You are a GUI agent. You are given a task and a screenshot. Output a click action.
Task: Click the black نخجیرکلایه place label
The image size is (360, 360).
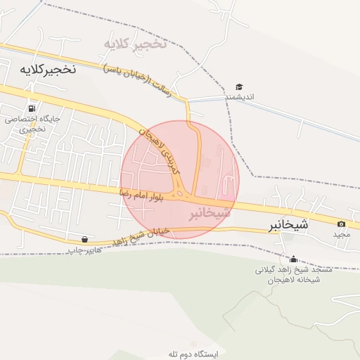tap(43, 70)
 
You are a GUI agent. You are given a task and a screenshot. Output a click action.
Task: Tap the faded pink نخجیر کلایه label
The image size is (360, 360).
tap(135, 44)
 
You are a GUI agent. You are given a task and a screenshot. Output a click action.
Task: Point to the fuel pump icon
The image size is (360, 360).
tap(31, 108)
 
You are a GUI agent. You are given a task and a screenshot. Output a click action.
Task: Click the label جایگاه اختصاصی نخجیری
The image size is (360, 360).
tap(32, 124)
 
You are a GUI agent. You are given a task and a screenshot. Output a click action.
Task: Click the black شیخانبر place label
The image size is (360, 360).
tap(288, 226)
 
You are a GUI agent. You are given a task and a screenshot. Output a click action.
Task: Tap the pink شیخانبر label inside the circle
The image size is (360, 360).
tap(209, 212)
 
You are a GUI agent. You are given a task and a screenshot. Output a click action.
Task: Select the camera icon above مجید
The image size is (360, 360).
tap(342, 224)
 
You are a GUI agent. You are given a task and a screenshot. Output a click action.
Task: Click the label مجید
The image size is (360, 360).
tap(342, 233)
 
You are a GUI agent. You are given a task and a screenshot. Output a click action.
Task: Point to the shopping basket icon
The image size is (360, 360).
tap(85, 239)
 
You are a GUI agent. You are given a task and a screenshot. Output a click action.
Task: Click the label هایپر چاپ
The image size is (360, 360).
tap(84, 250)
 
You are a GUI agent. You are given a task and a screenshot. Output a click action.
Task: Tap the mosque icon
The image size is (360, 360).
tap(292, 259)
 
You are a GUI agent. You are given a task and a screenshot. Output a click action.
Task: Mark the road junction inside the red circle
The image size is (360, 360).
tap(182, 193)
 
